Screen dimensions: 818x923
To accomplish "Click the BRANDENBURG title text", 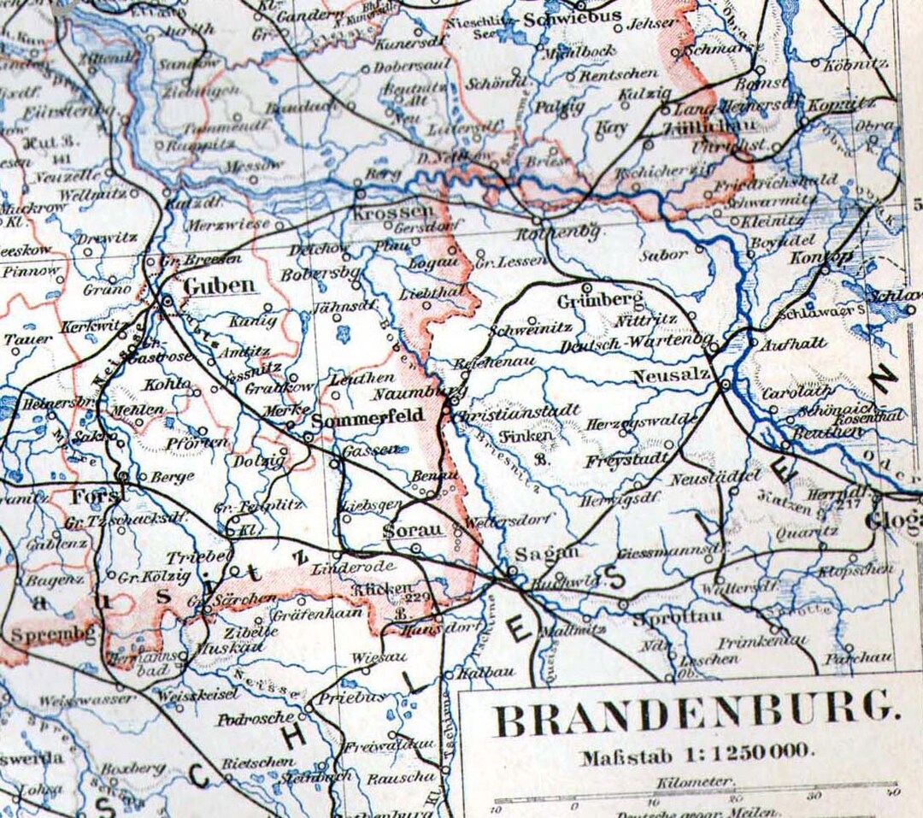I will point(690,721).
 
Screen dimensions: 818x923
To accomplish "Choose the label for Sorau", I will point(414,530).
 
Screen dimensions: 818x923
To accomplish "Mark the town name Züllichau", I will point(695,127).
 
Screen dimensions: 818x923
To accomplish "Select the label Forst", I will point(88,496).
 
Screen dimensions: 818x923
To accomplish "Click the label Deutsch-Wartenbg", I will point(637,345).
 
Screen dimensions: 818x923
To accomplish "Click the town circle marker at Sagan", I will point(512,570).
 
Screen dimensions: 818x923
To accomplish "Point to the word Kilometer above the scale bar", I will point(695,781).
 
